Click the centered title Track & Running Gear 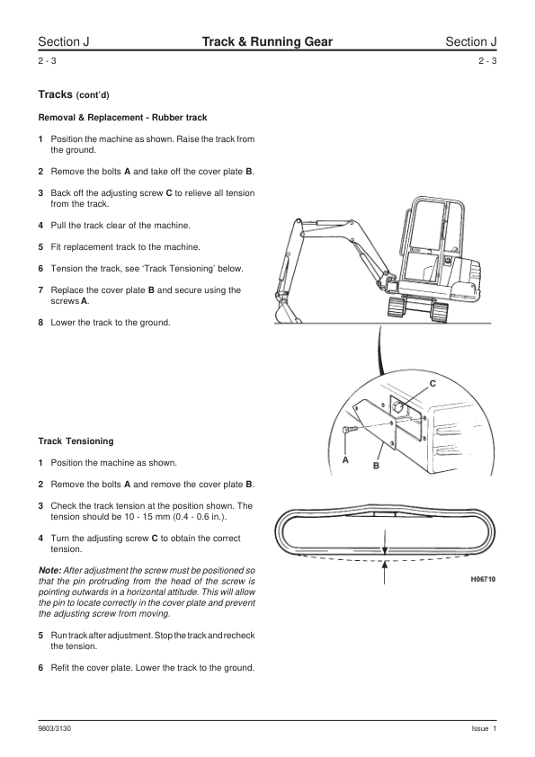(x=267, y=41)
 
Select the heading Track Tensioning (x=76, y=441)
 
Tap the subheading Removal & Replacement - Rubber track (x=122, y=117)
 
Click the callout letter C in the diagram (x=432, y=383)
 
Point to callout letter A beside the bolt (x=345, y=460)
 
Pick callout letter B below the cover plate (x=376, y=466)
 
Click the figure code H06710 (x=483, y=579)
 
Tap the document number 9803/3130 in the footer (x=54, y=728)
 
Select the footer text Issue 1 (x=484, y=728)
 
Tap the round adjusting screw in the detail (x=397, y=408)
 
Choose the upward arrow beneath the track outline (x=384, y=573)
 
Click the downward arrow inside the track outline (x=384, y=542)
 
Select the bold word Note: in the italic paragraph (x=49, y=570)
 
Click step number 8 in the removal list (x=40, y=323)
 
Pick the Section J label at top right (x=471, y=41)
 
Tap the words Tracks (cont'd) (x=74, y=94)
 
